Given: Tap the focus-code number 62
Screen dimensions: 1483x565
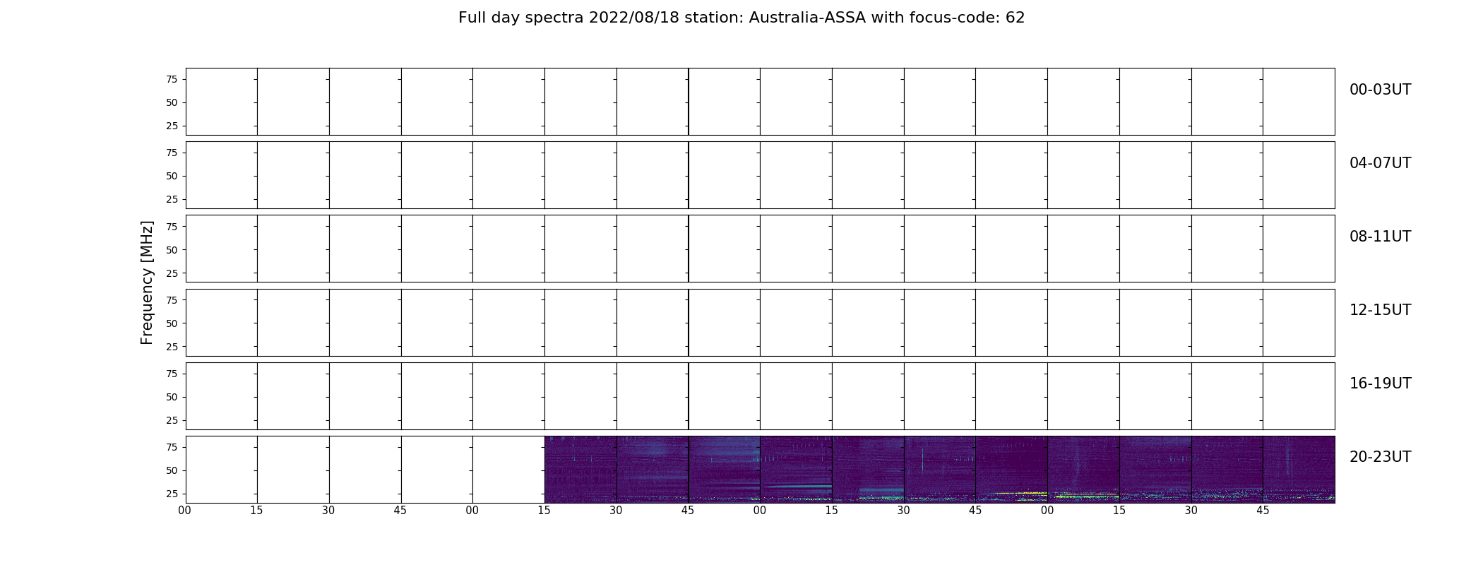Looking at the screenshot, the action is (1015, 18).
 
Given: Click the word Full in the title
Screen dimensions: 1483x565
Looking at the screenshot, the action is (472, 18).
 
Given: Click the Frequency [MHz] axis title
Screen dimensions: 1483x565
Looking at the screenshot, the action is (147, 282).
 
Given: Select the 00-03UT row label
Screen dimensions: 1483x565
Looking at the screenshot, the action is (1380, 90).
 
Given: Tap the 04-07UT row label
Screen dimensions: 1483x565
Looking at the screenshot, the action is (1380, 163).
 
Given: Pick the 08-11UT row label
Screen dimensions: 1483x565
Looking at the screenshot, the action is (1380, 237).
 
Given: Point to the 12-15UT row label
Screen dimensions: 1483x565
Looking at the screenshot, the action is (1380, 310).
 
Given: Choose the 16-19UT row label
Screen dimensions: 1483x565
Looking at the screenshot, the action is (1380, 383).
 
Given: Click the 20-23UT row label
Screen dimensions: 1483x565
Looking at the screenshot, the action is (1380, 457).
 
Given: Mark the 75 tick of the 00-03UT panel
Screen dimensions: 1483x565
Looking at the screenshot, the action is (172, 79).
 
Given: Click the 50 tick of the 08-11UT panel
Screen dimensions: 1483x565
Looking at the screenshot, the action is (172, 250).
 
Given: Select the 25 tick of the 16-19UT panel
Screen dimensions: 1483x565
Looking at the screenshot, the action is (172, 420).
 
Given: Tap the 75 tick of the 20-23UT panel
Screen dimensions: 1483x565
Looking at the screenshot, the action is (172, 447).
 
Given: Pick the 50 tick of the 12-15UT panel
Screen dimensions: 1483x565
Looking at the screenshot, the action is (172, 323).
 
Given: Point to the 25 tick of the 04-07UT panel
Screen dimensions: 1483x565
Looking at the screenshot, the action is (172, 199).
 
